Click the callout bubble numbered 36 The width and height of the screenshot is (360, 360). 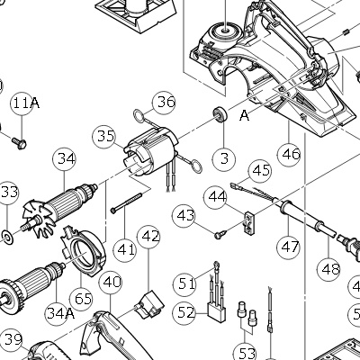pyautogui.click(x=165, y=103)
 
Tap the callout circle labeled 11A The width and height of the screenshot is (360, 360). pyautogui.click(x=22, y=103)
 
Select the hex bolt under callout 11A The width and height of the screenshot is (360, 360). pyautogui.click(x=19, y=143)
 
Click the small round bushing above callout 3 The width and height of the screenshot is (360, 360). pyautogui.click(x=220, y=114)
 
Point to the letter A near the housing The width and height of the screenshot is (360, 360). pyautogui.click(x=245, y=115)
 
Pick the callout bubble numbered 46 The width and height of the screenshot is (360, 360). pyautogui.click(x=289, y=154)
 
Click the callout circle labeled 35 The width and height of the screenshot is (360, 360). pyautogui.click(x=104, y=137)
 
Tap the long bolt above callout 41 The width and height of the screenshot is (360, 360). pyautogui.click(x=126, y=202)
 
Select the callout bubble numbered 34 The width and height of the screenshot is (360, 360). pyautogui.click(x=65, y=159)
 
